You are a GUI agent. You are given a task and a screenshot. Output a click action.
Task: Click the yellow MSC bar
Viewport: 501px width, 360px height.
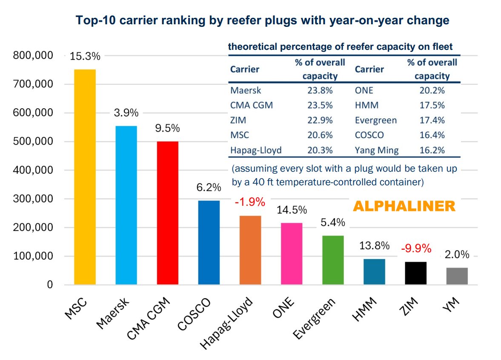[x=85, y=177]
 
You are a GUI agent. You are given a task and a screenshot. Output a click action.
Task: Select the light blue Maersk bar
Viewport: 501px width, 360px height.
[x=126, y=205]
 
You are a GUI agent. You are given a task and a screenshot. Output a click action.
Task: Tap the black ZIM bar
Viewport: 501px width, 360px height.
[x=415, y=273]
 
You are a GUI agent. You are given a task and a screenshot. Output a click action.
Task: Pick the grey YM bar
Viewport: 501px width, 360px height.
[x=457, y=276]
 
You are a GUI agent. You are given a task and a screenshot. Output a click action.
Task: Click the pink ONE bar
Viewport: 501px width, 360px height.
[x=292, y=253]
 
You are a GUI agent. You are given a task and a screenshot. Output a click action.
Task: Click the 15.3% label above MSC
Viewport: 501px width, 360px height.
[x=85, y=56]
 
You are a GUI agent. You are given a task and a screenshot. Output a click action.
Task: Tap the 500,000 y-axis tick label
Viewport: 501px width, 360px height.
[x=32, y=141]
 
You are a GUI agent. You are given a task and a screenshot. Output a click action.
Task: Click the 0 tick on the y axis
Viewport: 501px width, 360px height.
[x=49, y=285]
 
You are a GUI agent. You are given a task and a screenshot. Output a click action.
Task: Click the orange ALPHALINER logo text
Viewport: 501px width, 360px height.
[x=404, y=207]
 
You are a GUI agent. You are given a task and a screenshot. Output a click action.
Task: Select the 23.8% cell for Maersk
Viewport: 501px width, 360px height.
[x=319, y=90]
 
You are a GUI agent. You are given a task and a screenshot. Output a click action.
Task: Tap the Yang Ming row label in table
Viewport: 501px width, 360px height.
[x=376, y=150]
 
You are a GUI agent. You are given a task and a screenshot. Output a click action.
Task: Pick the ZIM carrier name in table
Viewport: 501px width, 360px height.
[x=238, y=120]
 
